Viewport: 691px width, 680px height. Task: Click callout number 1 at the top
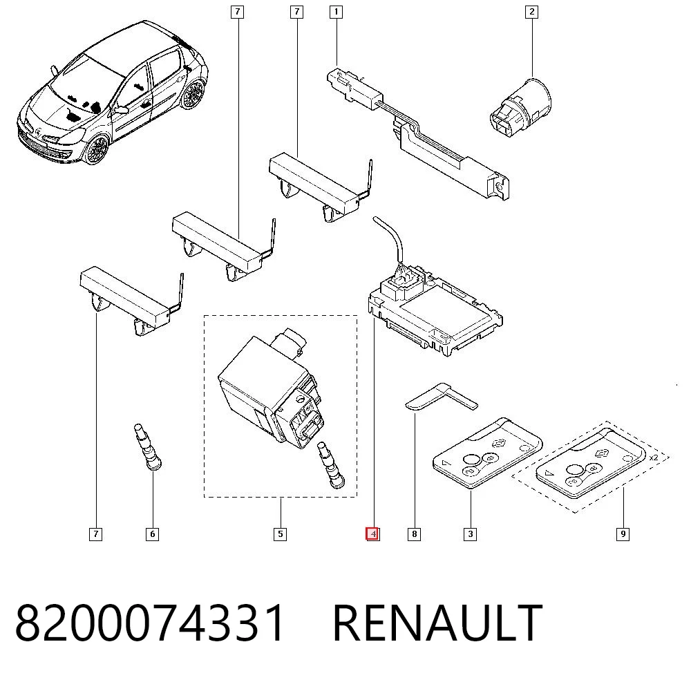tap(337, 12)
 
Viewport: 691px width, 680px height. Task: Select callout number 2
tap(532, 12)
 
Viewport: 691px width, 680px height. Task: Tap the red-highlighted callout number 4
tap(372, 534)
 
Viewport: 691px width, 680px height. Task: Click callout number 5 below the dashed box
tap(281, 534)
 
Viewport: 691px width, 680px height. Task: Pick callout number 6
tap(153, 534)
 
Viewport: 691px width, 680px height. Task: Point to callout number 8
tap(414, 534)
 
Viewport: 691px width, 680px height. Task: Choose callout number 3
tap(470, 534)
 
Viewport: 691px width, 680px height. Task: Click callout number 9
tap(623, 534)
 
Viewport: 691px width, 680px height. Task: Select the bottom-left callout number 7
tap(95, 534)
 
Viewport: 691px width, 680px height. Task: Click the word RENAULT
tap(437, 623)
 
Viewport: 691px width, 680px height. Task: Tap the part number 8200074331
tap(150, 623)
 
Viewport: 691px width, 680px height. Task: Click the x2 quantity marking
tap(654, 457)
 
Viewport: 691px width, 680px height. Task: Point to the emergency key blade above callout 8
tap(441, 396)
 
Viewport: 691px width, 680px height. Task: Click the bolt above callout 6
tap(147, 447)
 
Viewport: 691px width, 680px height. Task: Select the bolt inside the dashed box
tap(331, 464)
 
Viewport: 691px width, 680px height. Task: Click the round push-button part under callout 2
tap(521, 107)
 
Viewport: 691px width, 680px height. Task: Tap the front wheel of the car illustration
tap(97, 150)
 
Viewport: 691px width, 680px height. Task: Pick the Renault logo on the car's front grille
tap(39, 132)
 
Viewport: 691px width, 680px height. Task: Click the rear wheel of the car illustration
tap(193, 94)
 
